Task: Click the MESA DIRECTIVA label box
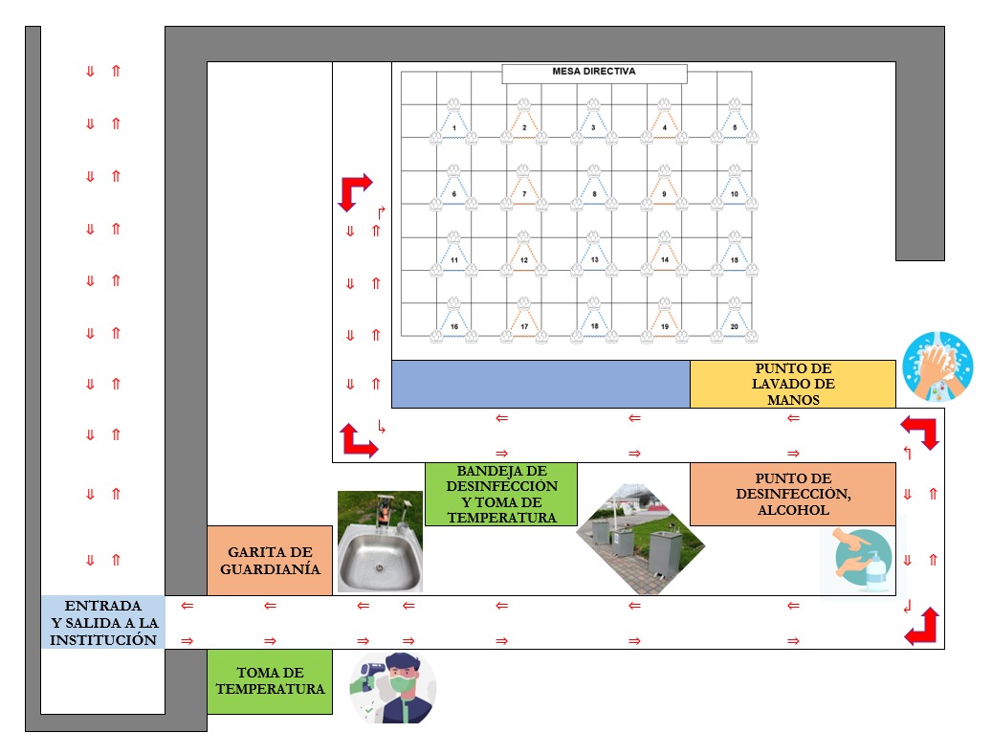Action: click(594, 73)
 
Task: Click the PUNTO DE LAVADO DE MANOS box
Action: click(793, 384)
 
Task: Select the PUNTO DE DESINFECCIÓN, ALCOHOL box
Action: click(793, 494)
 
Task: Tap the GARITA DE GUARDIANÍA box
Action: click(270, 560)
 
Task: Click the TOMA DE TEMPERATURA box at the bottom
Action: click(270, 681)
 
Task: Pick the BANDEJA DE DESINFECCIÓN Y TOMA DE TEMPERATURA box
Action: click(501, 494)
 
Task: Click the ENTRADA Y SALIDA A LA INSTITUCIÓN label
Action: click(102, 623)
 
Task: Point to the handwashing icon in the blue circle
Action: click(937, 366)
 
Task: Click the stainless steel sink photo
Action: click(380, 543)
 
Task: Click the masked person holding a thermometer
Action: click(393, 687)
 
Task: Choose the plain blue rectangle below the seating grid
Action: click(540, 384)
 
